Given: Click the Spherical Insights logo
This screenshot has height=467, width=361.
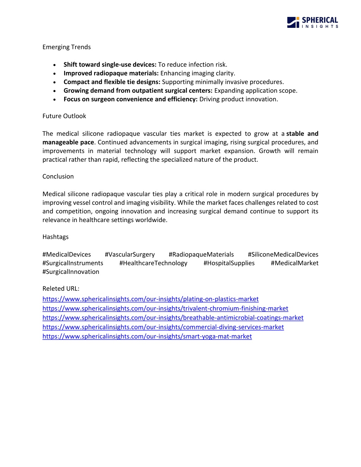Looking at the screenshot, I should click(312, 22).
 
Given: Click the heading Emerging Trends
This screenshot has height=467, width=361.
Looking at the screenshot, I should click(67, 47).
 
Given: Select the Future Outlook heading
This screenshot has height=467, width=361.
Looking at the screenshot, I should click(64, 116).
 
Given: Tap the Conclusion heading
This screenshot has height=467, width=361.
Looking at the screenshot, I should click(58, 177).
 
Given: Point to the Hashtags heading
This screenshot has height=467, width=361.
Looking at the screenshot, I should click(55, 237).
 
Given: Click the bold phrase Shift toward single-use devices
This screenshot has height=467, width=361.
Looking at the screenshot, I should click(110, 64).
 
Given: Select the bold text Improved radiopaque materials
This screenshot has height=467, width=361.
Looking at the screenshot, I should click(111, 73).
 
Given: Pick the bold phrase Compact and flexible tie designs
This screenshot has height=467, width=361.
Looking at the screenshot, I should click(112, 82).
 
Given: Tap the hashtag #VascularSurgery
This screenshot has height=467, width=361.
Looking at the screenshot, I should click(130, 254).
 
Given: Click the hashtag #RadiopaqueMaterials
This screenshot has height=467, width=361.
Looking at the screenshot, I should click(201, 254).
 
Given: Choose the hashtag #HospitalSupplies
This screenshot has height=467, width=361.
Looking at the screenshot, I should click(229, 263).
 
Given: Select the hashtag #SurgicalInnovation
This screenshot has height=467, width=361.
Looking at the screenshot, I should click(71, 272).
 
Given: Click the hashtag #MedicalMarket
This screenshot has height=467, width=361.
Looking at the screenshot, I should click(294, 263).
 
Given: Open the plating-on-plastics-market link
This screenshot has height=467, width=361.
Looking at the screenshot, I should click(151, 299).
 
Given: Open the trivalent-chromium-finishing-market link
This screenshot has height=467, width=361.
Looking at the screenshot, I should click(165, 308).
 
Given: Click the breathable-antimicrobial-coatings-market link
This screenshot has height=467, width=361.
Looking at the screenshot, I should click(173, 318).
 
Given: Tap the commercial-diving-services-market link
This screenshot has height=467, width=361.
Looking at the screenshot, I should click(163, 327).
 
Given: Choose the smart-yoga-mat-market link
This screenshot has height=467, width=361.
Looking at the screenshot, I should click(147, 337).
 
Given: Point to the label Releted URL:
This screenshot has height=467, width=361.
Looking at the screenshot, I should click(61, 289).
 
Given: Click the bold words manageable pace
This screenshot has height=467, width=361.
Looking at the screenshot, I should click(68, 142).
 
